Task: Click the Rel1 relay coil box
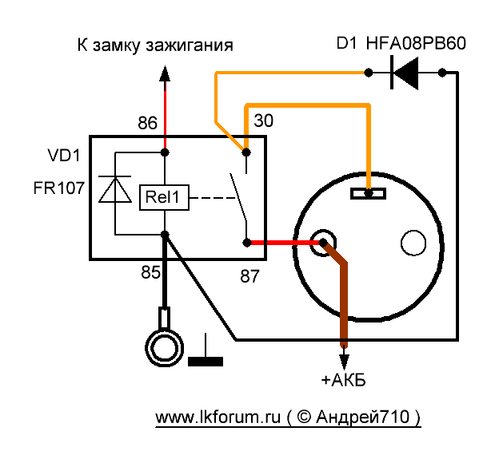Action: coord(165,196)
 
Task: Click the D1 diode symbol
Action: coord(405,73)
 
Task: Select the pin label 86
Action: coord(147,124)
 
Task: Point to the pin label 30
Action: coord(263,121)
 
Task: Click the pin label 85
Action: coord(150,272)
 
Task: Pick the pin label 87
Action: coord(250,276)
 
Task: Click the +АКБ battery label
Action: coord(343,379)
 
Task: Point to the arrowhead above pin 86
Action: coord(165,74)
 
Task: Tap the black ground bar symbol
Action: coord(206,361)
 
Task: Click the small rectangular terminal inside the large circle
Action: coord(369,193)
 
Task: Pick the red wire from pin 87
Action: coord(280,243)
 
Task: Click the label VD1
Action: coord(63,154)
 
